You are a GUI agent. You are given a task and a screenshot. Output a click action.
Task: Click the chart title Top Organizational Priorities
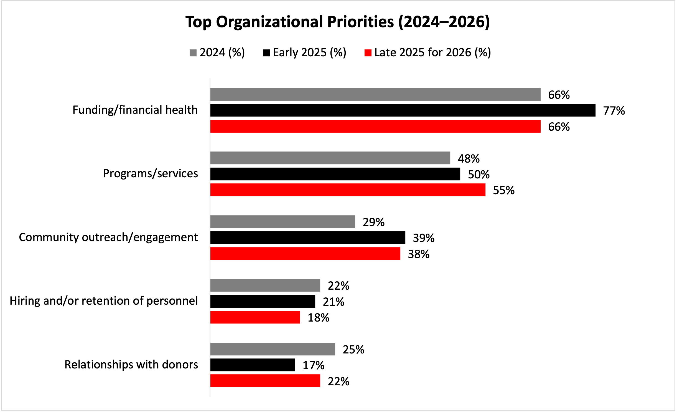[338, 22]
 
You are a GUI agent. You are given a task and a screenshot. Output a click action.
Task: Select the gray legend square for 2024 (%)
[193, 53]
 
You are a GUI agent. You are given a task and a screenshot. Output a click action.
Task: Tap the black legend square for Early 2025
[266, 53]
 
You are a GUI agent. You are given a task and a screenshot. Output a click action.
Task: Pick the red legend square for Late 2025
[368, 53]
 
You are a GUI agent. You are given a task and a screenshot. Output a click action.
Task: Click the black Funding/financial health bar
[403, 110]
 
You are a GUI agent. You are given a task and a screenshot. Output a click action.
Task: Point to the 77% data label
[614, 111]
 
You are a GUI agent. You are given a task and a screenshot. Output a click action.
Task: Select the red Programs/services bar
[348, 190]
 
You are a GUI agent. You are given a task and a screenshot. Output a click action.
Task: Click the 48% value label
[469, 159]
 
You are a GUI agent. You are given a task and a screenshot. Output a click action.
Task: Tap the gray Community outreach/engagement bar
[282, 222]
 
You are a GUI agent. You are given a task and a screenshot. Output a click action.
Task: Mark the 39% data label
[423, 238]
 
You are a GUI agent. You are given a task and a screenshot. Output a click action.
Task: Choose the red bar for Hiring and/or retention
[255, 317]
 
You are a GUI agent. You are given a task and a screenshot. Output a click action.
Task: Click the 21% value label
[333, 302]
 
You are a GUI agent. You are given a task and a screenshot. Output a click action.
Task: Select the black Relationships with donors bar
[253, 365]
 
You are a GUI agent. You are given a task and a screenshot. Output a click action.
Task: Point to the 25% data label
[353, 350]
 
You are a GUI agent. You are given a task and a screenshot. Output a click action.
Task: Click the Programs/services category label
[150, 174]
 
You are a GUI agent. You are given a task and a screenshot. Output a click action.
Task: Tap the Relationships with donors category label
[131, 365]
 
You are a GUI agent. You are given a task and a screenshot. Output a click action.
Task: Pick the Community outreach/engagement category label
[108, 237]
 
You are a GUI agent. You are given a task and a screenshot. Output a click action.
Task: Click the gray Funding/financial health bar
[375, 94]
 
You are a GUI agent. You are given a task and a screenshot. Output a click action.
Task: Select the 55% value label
[503, 191]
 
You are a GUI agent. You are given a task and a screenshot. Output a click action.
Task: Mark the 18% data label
[318, 318]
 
